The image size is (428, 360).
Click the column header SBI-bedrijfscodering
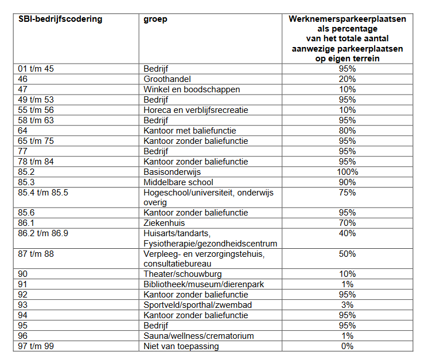click(60, 19)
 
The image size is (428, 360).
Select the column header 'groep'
click(155, 19)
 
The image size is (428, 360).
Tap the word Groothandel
click(167, 79)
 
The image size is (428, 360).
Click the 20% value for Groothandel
click(347, 79)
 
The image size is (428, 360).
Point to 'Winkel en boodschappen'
click(192, 89)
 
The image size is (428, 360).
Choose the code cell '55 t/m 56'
click(36, 110)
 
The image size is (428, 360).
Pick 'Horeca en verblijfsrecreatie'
click(196, 110)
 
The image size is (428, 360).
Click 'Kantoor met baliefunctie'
click(190, 131)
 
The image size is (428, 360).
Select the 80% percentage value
click(347, 131)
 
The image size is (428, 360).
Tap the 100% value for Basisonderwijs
click(347, 172)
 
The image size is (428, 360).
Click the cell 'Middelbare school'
click(178, 182)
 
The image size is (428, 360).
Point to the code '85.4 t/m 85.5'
click(43, 193)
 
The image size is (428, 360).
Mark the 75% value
click(347, 193)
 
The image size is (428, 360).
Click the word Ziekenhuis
click(164, 223)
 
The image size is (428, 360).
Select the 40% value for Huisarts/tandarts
click(347, 233)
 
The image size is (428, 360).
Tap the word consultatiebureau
click(177, 264)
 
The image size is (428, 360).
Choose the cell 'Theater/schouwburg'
click(182, 274)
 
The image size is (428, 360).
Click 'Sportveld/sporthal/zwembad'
click(197, 305)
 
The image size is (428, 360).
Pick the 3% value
click(347, 305)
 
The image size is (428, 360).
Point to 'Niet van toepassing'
click(181, 346)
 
